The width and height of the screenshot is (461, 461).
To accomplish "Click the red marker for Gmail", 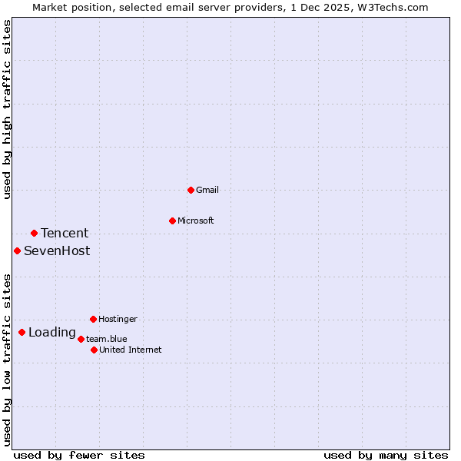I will pyautogui.click(x=191, y=190).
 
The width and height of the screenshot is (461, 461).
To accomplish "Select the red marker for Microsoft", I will pyautogui.click(x=172, y=221).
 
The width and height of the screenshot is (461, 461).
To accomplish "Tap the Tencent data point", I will pyautogui.click(x=34, y=233).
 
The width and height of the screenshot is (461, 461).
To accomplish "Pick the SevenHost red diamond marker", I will pyautogui.click(x=17, y=250).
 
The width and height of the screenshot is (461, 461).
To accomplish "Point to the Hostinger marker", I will pyautogui.click(x=93, y=319).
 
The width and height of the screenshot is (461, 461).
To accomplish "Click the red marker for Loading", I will pyautogui.click(x=22, y=332).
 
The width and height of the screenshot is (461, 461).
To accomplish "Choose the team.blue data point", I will pyautogui.click(x=81, y=339).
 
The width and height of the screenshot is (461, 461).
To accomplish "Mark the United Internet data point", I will pyautogui.click(x=94, y=350).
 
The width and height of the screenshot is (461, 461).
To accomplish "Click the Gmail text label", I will pyautogui.click(x=207, y=190).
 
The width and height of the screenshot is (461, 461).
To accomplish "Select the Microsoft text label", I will pyautogui.click(x=196, y=221).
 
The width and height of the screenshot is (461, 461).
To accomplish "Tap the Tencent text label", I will pyautogui.click(x=65, y=233).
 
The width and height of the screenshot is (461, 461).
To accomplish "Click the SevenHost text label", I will pyautogui.click(x=57, y=250).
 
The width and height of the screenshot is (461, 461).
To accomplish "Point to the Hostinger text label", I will pyautogui.click(x=118, y=319).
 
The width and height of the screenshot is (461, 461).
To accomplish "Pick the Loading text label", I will pyautogui.click(x=52, y=333).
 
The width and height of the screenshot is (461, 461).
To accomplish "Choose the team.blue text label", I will pyautogui.click(x=107, y=339).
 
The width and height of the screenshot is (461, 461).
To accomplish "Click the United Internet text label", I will pyautogui.click(x=131, y=350).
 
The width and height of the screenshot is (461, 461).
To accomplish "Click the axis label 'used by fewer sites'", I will pyautogui.click(x=79, y=455).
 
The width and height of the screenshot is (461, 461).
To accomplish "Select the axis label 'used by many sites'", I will pyautogui.click(x=386, y=455).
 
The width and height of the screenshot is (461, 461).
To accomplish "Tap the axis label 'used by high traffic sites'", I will pyautogui.click(x=8, y=109).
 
